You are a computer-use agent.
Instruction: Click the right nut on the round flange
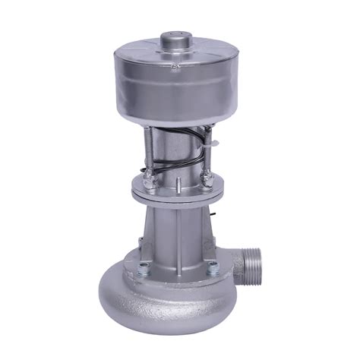click(207, 180)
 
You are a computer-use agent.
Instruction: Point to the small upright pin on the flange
click(177, 183)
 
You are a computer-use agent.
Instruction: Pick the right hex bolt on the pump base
click(212, 267)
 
